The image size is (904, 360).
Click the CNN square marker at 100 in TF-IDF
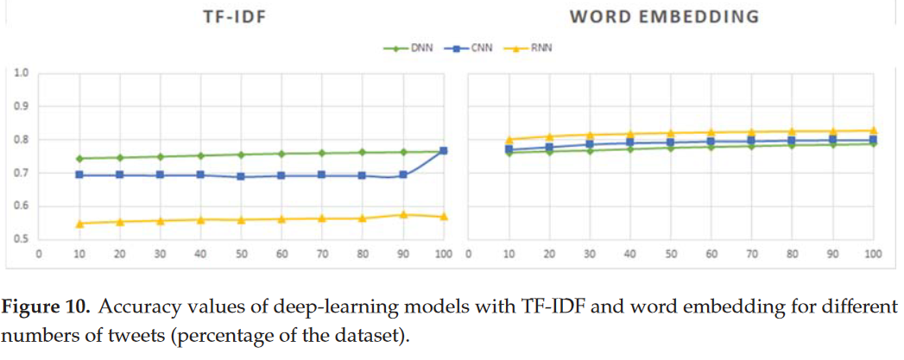(x=443, y=151)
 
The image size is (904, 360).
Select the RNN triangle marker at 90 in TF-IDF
(x=402, y=214)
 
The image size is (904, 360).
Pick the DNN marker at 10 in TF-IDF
(x=79, y=159)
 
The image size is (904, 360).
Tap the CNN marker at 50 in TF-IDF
(x=241, y=176)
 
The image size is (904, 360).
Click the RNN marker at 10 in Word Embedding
(x=509, y=139)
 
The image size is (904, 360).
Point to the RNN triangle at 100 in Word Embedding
(x=873, y=130)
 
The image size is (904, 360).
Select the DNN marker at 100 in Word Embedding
(x=873, y=143)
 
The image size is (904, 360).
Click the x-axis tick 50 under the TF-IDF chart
(x=241, y=256)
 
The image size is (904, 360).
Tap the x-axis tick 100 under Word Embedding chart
(x=873, y=256)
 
